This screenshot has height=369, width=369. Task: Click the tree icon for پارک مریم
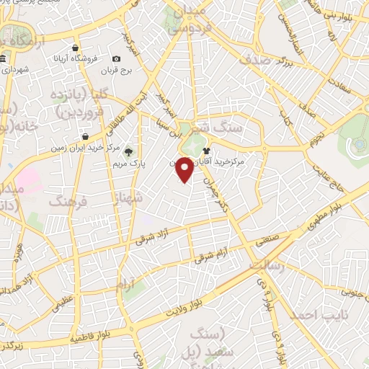click(128, 151)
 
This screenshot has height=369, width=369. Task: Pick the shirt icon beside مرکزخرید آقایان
click(207, 151)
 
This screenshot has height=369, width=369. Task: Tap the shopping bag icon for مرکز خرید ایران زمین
click(85, 135)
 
